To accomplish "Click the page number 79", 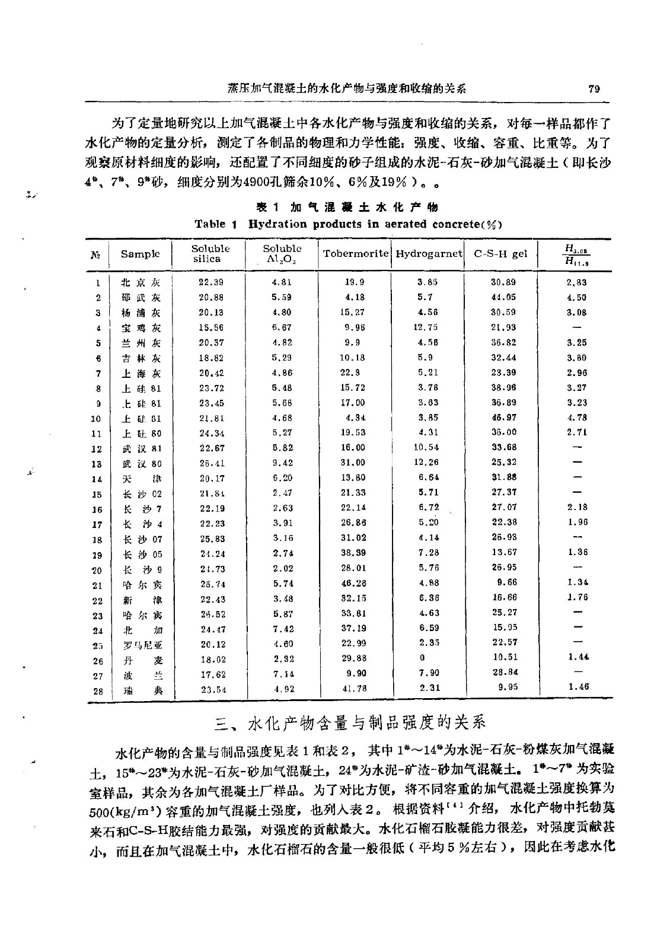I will tap(595, 89).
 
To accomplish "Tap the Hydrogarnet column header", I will tap(429, 254).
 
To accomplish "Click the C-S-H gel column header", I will tap(500, 254).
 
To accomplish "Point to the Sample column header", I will tap(141, 254).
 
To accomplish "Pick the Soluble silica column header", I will tap(210, 253).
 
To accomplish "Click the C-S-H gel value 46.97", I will tap(504, 418).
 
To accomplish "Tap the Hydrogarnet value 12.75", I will tap(427, 327).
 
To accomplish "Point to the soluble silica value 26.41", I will tap(211, 463).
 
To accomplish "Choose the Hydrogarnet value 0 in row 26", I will tap(422, 658).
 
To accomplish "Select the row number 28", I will tap(98, 691).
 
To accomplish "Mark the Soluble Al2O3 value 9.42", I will tap(282, 463).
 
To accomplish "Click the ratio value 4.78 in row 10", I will tap(577, 418).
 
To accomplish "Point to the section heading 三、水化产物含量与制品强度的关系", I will tap(349, 723).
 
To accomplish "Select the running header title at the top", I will tap(347, 89).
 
